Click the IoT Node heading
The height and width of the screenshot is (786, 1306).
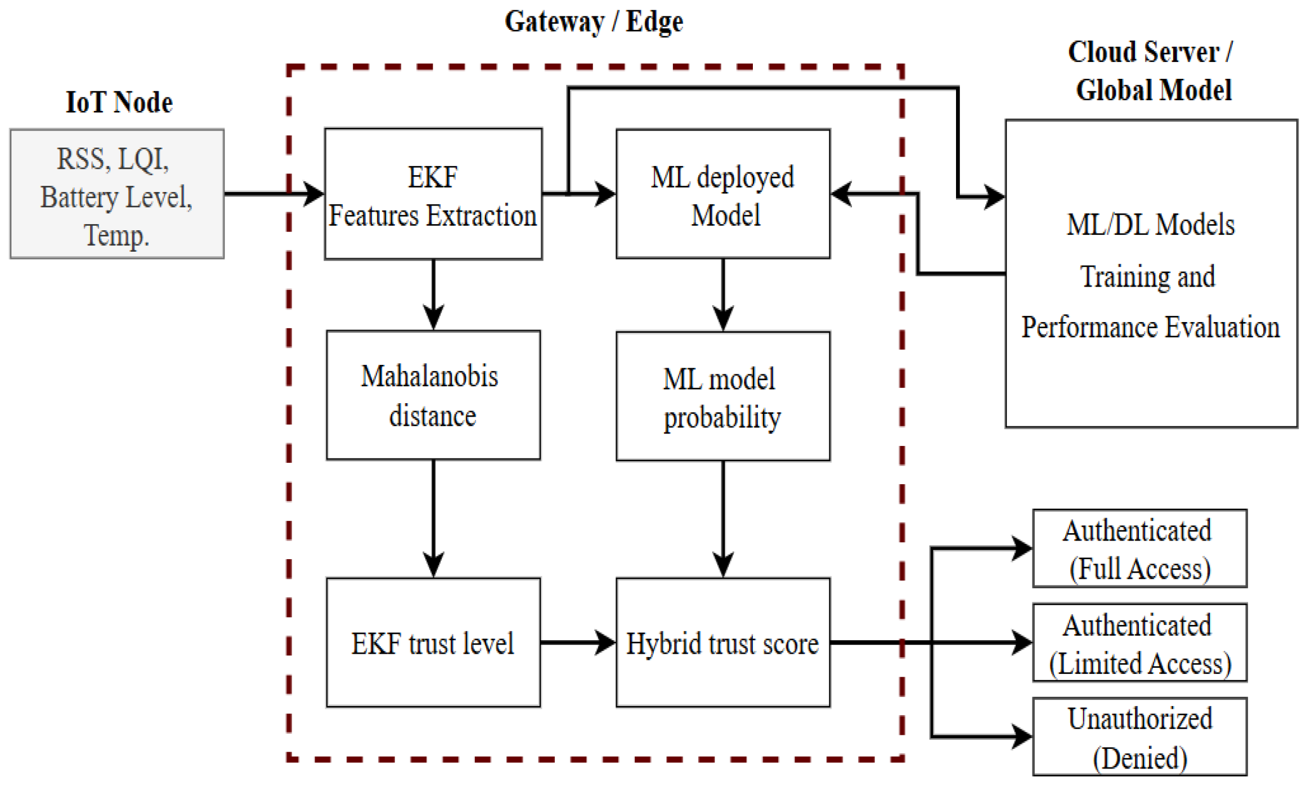[119, 102]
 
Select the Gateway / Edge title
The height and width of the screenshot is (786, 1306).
[594, 23]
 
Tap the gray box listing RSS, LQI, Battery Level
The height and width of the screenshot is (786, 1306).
[116, 194]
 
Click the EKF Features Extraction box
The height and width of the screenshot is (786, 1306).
[433, 194]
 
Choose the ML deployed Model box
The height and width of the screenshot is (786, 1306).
[722, 194]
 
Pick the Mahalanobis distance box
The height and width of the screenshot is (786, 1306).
[433, 395]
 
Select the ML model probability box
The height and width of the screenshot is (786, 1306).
[722, 396]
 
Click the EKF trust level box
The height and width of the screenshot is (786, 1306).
[433, 642]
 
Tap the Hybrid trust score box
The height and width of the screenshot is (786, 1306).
[722, 642]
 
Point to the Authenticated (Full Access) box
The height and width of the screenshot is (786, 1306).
[1139, 549]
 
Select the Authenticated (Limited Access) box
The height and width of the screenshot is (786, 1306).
[1139, 643]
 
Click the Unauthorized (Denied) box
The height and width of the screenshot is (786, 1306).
[1139, 737]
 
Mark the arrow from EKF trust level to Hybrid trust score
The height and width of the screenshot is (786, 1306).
[577, 642]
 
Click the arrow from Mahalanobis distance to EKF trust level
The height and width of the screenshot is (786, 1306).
[433, 518]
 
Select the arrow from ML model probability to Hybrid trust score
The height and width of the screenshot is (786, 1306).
[722, 518]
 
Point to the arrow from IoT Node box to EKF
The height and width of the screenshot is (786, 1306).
[273, 194]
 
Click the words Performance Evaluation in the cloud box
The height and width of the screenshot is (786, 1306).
[1150, 328]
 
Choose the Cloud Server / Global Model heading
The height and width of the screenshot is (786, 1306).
[1150, 71]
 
